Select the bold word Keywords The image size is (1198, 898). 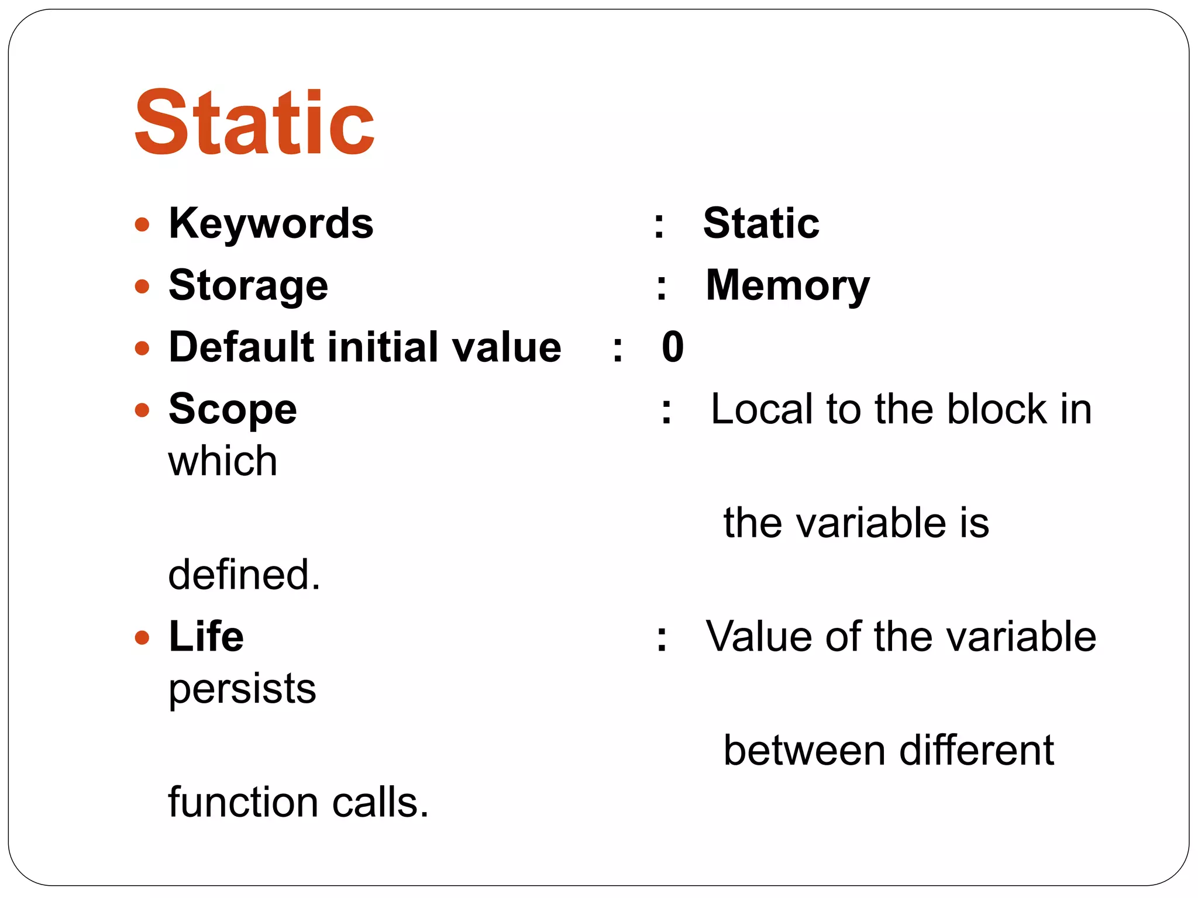point(271,223)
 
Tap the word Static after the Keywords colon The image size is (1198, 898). point(761,223)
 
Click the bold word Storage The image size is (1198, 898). point(248,286)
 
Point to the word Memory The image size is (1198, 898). point(787,286)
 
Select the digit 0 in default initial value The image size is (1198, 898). point(673,347)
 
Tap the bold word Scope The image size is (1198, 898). point(232,409)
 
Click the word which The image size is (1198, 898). point(222,461)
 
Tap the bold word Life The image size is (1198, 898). point(206,637)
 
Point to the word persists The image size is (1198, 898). point(242,689)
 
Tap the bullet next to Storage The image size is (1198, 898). point(142,286)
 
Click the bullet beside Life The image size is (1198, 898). point(142,637)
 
